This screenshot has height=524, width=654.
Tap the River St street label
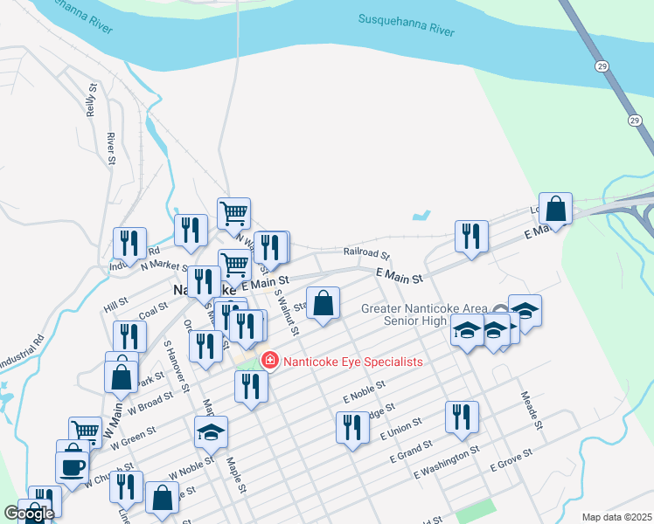click(111, 148)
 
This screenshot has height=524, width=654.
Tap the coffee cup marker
click(71, 465)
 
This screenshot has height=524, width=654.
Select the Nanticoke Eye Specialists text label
click(351, 362)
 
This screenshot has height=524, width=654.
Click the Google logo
click(29, 514)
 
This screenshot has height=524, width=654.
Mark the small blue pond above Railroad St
click(421, 214)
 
